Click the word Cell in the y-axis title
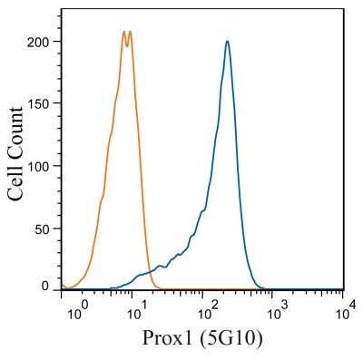click(16, 179)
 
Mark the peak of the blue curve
click(227, 41)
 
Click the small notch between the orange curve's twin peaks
click(127, 40)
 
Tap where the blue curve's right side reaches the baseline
click(263, 287)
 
